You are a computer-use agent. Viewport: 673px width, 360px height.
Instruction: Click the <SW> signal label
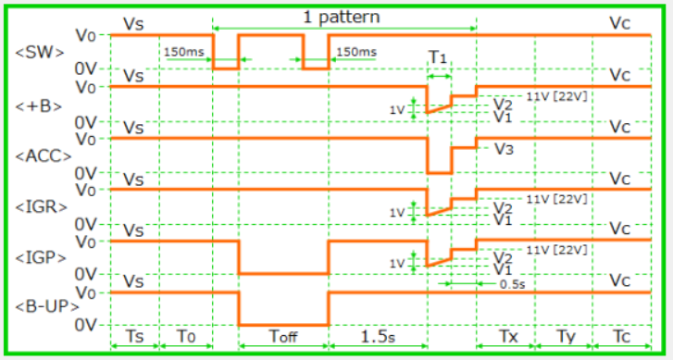pyautogui.click(x=40, y=53)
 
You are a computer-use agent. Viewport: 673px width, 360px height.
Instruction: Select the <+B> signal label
pyautogui.click(x=39, y=106)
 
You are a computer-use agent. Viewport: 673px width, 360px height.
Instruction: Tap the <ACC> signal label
pyautogui.click(x=44, y=156)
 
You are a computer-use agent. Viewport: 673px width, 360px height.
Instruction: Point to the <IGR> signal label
pyautogui.click(x=42, y=207)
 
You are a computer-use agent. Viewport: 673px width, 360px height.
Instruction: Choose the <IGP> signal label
pyautogui.click(x=41, y=258)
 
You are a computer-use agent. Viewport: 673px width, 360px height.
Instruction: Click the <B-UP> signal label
pyautogui.click(x=47, y=307)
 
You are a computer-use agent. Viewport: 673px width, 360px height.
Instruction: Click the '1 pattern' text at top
pyautogui.click(x=342, y=18)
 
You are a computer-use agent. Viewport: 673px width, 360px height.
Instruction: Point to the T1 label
pyautogui.click(x=438, y=57)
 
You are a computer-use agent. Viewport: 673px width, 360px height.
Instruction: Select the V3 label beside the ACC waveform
pyautogui.click(x=504, y=149)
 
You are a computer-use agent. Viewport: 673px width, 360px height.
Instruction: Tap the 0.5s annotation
pyautogui.click(x=513, y=284)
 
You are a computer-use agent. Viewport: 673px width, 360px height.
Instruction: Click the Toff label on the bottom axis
pyautogui.click(x=283, y=336)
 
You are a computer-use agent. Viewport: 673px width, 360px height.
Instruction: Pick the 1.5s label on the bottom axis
pyautogui.click(x=378, y=336)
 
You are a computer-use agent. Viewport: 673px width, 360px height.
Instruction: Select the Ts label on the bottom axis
pyautogui.click(x=134, y=336)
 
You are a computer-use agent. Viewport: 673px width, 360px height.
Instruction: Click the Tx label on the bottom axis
pyautogui.click(x=508, y=336)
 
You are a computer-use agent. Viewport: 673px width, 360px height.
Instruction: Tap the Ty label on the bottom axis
pyautogui.click(x=566, y=337)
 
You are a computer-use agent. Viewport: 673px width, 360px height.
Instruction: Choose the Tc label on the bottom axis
pyautogui.click(x=622, y=336)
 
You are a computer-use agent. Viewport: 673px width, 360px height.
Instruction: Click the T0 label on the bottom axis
pyautogui.click(x=186, y=336)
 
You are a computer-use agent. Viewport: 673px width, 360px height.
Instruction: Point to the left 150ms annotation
pyautogui.click(x=183, y=52)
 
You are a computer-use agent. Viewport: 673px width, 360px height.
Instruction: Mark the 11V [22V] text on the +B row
pyautogui.click(x=556, y=96)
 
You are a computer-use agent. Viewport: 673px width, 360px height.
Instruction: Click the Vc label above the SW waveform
pyautogui.click(x=620, y=23)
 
